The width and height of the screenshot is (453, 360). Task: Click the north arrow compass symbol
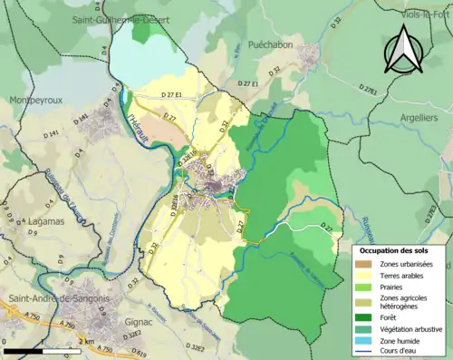pyautogui.click(x=405, y=50)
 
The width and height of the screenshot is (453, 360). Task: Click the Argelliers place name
pyautogui.click(x=424, y=119)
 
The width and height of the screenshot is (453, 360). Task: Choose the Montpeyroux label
pyautogui.click(x=34, y=101)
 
